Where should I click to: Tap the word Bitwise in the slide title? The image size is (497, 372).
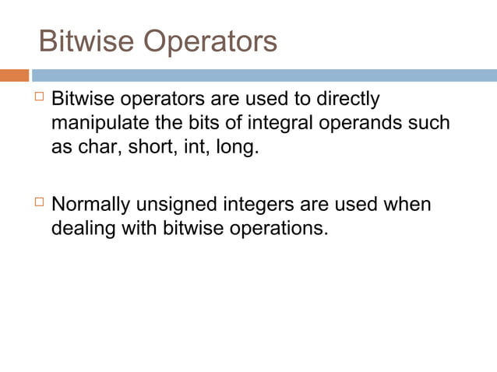tap(85, 40)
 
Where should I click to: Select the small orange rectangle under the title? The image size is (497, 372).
tap(14, 75)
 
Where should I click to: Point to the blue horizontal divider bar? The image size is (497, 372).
tap(265, 75)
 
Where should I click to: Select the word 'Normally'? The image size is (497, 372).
tap(91, 206)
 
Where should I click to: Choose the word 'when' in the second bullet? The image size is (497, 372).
tap(408, 206)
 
